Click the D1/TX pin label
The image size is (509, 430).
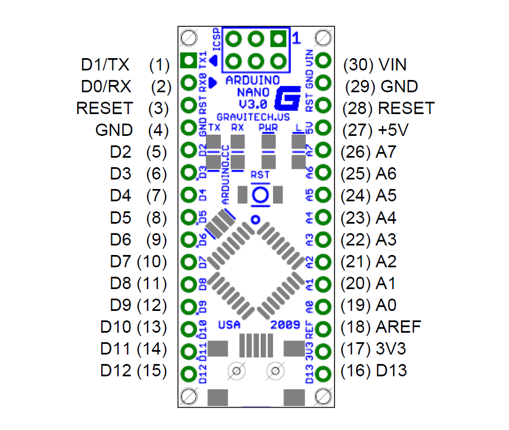[105, 65]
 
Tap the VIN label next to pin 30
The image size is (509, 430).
[392, 65]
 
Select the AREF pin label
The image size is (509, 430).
[399, 327]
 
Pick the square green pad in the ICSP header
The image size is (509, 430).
[278, 39]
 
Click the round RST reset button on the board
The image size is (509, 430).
[260, 195]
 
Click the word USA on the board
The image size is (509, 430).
[229, 325]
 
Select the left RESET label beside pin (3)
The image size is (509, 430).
[105, 108]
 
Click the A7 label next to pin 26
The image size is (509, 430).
[387, 152]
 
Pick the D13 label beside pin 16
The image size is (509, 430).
[392, 370]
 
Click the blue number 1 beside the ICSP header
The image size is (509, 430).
[296, 39]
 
